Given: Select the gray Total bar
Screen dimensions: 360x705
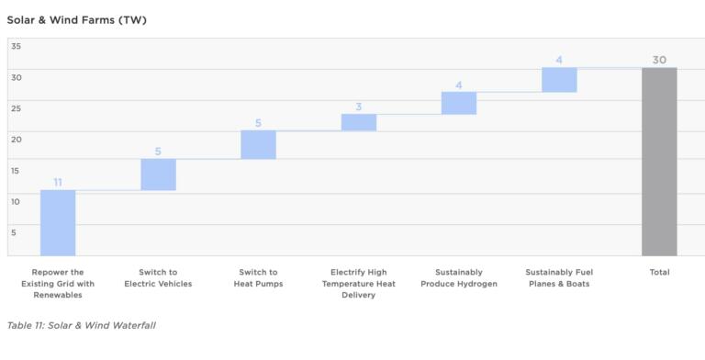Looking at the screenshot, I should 659,162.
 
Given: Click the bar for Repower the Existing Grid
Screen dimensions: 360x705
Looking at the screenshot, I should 58,223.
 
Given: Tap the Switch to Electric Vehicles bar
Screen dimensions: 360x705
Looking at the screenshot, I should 158,174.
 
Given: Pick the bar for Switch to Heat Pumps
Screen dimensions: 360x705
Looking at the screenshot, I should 258,145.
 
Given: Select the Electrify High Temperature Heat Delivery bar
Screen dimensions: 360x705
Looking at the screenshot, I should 359,122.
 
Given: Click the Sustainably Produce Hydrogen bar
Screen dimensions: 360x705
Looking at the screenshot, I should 459,103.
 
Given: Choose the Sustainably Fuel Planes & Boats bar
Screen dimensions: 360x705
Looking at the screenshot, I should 559,80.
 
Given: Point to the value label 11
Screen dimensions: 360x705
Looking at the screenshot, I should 58,183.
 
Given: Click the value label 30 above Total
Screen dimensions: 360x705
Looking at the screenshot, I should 659,60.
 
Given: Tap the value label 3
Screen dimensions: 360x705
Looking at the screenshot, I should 359,107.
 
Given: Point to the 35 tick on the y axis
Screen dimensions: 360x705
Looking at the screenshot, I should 17,46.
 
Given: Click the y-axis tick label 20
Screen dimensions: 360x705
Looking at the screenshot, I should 17,139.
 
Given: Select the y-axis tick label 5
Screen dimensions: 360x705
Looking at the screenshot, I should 14,232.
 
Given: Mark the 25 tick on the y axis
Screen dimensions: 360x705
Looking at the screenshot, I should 17,108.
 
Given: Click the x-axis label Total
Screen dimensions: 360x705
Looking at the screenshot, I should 659,273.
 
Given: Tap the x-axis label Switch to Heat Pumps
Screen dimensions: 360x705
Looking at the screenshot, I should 258,278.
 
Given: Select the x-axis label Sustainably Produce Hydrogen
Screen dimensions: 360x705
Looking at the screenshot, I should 459,278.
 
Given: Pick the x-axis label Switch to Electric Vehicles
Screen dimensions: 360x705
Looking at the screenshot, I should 158,278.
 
